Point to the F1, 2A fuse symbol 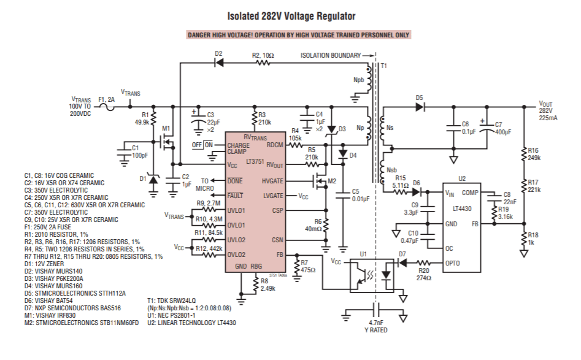click(109, 107)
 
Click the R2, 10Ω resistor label click(263, 55)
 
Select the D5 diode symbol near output click(420, 107)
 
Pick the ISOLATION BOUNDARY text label click(330, 55)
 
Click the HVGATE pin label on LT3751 click(273, 181)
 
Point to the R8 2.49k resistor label click(268, 284)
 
